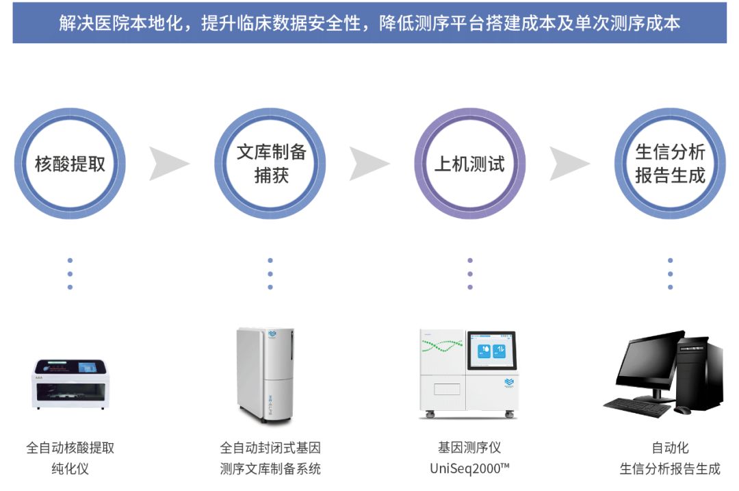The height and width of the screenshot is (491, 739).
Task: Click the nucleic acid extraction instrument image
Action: pos(70,383)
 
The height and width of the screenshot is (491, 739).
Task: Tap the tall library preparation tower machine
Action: pos(265,375)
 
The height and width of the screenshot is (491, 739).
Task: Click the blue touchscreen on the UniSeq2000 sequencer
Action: pos(491,350)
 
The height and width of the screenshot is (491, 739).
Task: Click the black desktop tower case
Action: pos(701,373)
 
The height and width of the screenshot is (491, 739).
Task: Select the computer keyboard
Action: pos(637,407)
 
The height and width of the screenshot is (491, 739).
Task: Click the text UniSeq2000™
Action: pos(470,468)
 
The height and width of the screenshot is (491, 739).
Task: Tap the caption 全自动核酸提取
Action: pos(70,448)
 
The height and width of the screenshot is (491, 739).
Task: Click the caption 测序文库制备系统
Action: pos(270,468)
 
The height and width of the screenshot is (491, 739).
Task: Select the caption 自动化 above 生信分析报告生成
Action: pos(670,448)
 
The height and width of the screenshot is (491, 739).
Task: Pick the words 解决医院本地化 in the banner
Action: pos(121,23)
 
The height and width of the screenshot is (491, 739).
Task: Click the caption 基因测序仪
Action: pos(470,447)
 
